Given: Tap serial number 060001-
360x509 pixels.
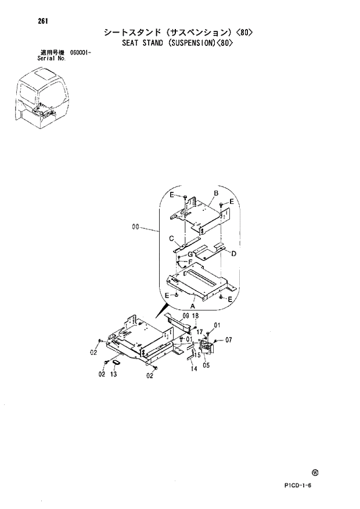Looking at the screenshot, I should pos(82,53).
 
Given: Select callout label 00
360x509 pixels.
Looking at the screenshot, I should pos(136,228).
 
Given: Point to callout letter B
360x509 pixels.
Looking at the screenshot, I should pos(215,193).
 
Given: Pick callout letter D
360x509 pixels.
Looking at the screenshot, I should pos(233,253).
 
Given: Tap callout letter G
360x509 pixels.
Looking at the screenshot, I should pos(189,254).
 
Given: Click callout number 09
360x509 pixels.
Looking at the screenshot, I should pos(186,316).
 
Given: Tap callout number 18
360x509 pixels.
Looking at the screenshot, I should pos(196,316).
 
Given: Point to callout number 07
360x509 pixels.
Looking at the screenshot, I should pos(228,340).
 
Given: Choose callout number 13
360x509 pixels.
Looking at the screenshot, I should pos(113,375).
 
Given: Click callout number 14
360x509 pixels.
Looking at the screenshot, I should pos(194,368).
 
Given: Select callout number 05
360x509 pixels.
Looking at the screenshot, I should pos(206,366).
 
